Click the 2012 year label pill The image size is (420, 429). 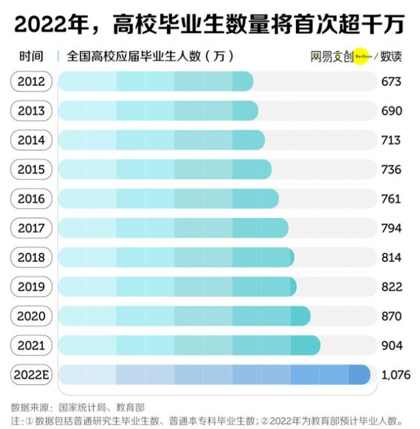point(31,81)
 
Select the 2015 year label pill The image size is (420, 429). point(31,170)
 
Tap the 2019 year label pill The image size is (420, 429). point(31,286)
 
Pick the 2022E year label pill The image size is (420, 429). point(31,375)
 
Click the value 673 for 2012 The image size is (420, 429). point(391,81)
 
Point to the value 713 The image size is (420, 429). point(391,140)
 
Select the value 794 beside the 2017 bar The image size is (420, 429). point(391,228)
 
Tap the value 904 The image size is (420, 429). point(391,346)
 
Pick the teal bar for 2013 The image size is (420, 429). point(158,111)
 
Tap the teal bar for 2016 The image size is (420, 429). point(169,199)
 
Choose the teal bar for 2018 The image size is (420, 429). point(176,257)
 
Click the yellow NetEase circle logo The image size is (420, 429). point(362,56)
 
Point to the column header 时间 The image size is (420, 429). point(31,56)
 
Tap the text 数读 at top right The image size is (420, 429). point(391,56)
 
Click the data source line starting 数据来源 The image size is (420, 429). point(78,407)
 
